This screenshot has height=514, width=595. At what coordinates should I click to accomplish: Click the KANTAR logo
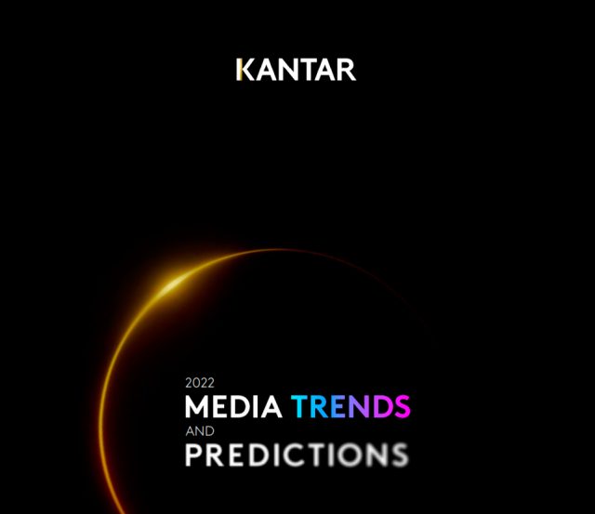(x=296, y=70)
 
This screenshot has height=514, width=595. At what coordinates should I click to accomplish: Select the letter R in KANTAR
(x=345, y=70)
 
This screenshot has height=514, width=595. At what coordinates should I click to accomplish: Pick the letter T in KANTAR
(x=314, y=70)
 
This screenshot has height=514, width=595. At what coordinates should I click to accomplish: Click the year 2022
(x=200, y=383)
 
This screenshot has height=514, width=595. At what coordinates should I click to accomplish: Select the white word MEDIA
(x=233, y=406)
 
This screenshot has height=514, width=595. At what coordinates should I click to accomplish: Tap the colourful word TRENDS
(x=350, y=406)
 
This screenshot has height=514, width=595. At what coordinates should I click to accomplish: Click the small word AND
(x=200, y=431)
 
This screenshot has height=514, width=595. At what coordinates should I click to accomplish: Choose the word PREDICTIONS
(x=297, y=455)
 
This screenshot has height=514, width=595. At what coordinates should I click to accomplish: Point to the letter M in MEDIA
(x=197, y=406)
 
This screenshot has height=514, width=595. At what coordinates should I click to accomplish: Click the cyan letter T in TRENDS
(x=299, y=406)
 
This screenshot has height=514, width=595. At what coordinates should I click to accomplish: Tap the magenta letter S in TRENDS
(x=402, y=406)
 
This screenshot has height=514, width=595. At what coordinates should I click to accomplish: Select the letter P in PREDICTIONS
(x=193, y=455)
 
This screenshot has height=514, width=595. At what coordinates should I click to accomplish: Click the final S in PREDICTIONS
(x=400, y=455)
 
